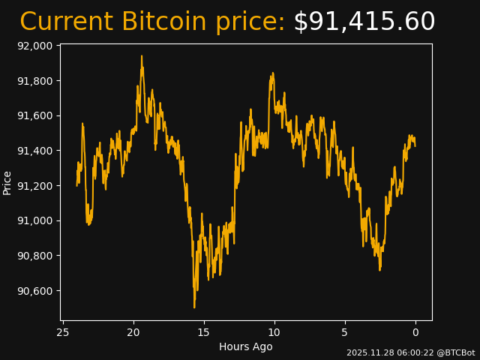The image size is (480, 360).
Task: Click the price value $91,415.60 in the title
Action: click(364, 22)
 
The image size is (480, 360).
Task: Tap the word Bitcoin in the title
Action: click(164, 22)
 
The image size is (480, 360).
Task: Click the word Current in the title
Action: click(67, 22)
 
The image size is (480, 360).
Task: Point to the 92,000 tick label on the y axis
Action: click(34, 46)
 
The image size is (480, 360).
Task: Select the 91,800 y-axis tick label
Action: click(34, 81)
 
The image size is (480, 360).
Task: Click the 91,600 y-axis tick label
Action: click(34, 115)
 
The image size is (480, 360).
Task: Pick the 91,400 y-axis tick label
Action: click(34, 151)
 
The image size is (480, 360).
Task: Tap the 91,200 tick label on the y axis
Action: click(34, 186)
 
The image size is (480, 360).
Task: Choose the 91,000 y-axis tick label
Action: click(34, 220)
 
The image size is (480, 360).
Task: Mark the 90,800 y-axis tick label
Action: click(34, 256)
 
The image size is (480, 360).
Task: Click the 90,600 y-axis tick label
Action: click(34, 291)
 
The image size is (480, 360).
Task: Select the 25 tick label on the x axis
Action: click(63, 332)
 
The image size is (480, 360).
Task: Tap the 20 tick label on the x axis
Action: click(133, 332)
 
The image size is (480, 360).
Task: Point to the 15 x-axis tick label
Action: click(204, 332)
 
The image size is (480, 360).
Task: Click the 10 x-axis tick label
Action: click(274, 332)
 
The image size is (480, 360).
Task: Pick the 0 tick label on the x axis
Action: click(415, 332)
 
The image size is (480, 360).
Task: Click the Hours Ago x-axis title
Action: click(245, 346)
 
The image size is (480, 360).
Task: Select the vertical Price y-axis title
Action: click(7, 182)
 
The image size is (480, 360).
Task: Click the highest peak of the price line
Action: click(141, 56)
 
